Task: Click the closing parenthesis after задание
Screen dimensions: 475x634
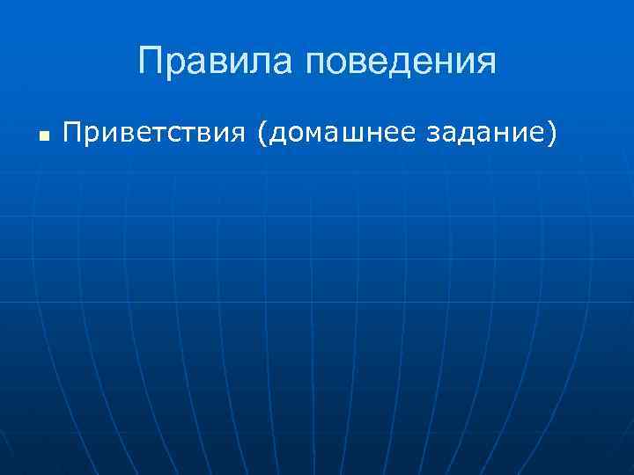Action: click(x=552, y=134)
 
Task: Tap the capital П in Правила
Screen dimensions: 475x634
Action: click(x=151, y=62)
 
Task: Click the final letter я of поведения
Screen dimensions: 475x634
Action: click(x=486, y=63)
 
